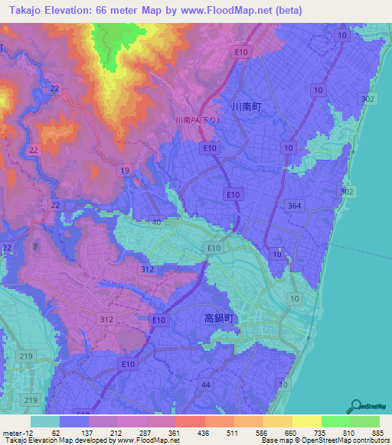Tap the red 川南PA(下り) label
[198, 120]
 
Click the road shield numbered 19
[125, 170]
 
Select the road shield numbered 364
[295, 205]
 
